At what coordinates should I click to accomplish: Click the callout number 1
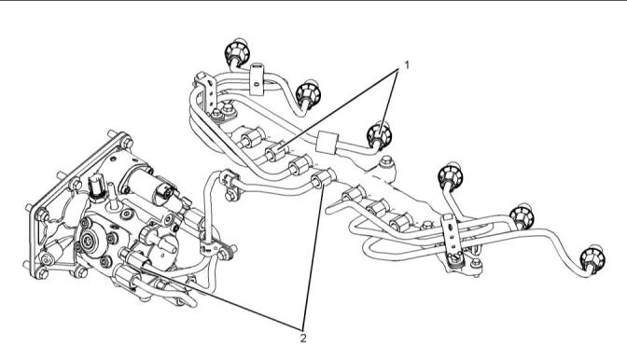[407, 64]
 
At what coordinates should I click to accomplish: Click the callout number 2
[303, 338]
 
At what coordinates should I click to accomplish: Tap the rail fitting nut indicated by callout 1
[275, 151]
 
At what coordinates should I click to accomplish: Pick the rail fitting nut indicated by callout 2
[322, 178]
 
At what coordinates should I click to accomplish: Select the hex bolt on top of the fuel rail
[386, 161]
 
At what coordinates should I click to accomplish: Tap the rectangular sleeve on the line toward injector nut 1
[327, 143]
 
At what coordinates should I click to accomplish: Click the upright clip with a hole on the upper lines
[257, 78]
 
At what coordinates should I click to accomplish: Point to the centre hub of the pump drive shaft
[87, 241]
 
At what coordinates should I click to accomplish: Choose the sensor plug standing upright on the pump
[96, 188]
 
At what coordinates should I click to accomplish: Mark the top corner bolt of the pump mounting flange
[126, 142]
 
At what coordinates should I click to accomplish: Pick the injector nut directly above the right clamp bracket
[451, 175]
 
